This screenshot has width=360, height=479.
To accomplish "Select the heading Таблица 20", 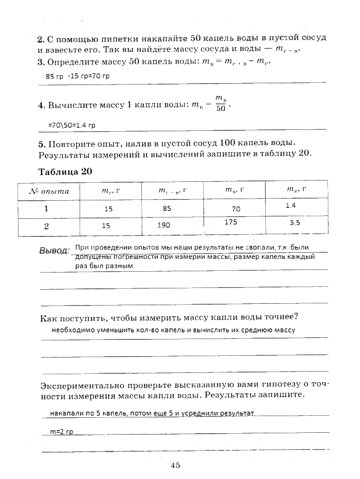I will pos(66,172).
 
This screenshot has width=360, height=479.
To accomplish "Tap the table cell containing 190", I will pos(164,225).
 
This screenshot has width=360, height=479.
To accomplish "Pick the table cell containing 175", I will pos(231,222).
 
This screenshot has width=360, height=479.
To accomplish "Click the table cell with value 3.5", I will pos(294,223).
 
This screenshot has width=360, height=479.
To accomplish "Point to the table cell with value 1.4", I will pos(290,205).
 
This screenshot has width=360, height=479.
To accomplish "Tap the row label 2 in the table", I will pos(46,226).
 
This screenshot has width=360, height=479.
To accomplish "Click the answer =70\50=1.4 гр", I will pos(71,125).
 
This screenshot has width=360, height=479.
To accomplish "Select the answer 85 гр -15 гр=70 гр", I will pos(77,76).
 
